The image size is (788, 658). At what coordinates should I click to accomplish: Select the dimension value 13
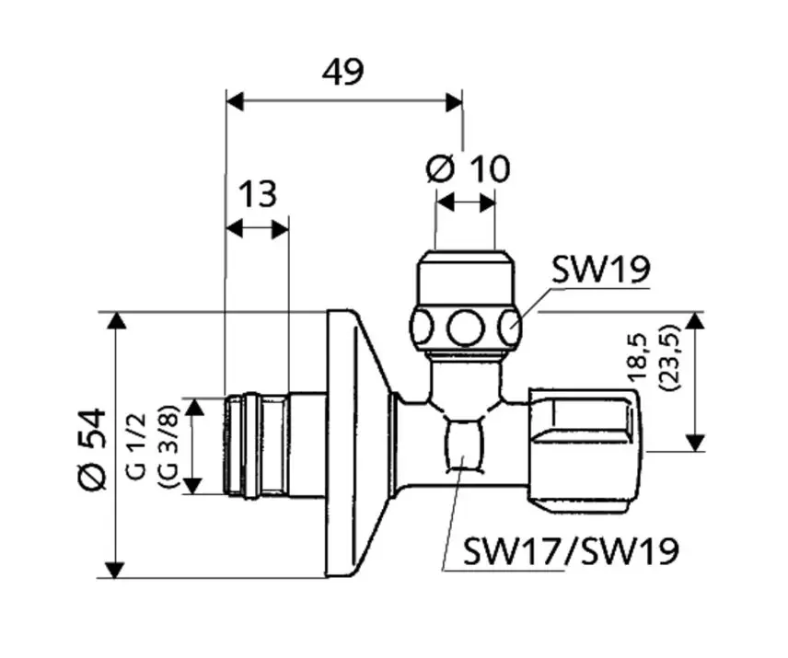point(258,194)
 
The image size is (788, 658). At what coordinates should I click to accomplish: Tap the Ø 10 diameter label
point(468,168)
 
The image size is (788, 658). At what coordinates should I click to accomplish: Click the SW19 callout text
point(601,270)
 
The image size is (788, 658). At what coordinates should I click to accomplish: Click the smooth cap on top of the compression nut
point(466,274)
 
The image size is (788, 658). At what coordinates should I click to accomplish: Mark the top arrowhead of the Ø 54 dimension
point(115,320)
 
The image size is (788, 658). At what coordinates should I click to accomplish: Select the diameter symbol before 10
point(442,168)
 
